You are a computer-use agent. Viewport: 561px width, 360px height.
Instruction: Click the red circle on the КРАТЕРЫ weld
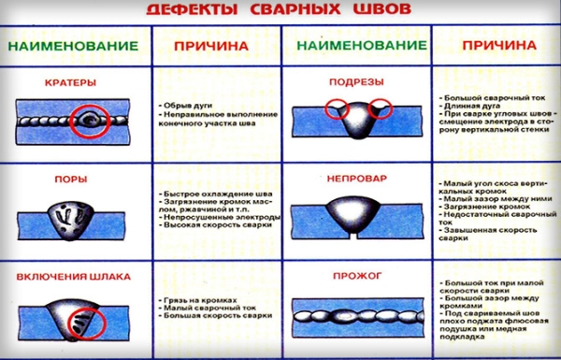point(92,120)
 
